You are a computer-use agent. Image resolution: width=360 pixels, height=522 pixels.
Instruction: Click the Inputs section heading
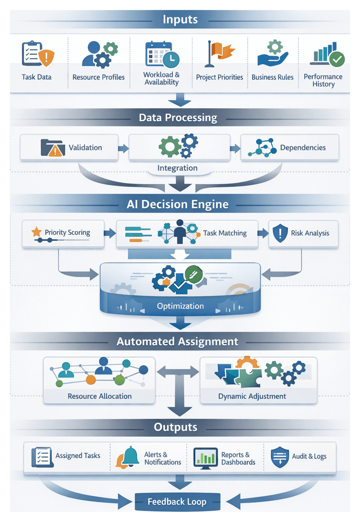click(180, 20)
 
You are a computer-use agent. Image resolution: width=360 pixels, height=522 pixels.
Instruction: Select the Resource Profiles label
click(98, 77)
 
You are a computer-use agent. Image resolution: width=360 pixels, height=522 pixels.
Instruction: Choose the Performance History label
click(323, 80)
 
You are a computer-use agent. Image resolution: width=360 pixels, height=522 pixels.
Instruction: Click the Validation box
click(69, 148)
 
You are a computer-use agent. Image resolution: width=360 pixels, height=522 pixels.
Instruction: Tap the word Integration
click(177, 168)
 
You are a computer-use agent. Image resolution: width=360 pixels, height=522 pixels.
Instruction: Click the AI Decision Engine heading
click(177, 204)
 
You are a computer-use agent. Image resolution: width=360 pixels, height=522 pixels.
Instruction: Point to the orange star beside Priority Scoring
click(36, 232)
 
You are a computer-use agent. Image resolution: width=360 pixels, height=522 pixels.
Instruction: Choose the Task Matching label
click(224, 233)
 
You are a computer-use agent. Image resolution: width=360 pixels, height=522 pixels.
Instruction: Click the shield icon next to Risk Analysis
click(281, 233)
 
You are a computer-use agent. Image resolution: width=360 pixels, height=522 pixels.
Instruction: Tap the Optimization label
click(180, 306)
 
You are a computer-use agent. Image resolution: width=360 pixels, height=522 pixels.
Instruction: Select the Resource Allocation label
click(99, 396)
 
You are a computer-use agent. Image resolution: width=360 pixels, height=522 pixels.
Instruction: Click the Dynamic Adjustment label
click(252, 396)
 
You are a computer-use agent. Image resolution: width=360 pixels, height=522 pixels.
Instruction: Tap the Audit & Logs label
click(309, 456)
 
